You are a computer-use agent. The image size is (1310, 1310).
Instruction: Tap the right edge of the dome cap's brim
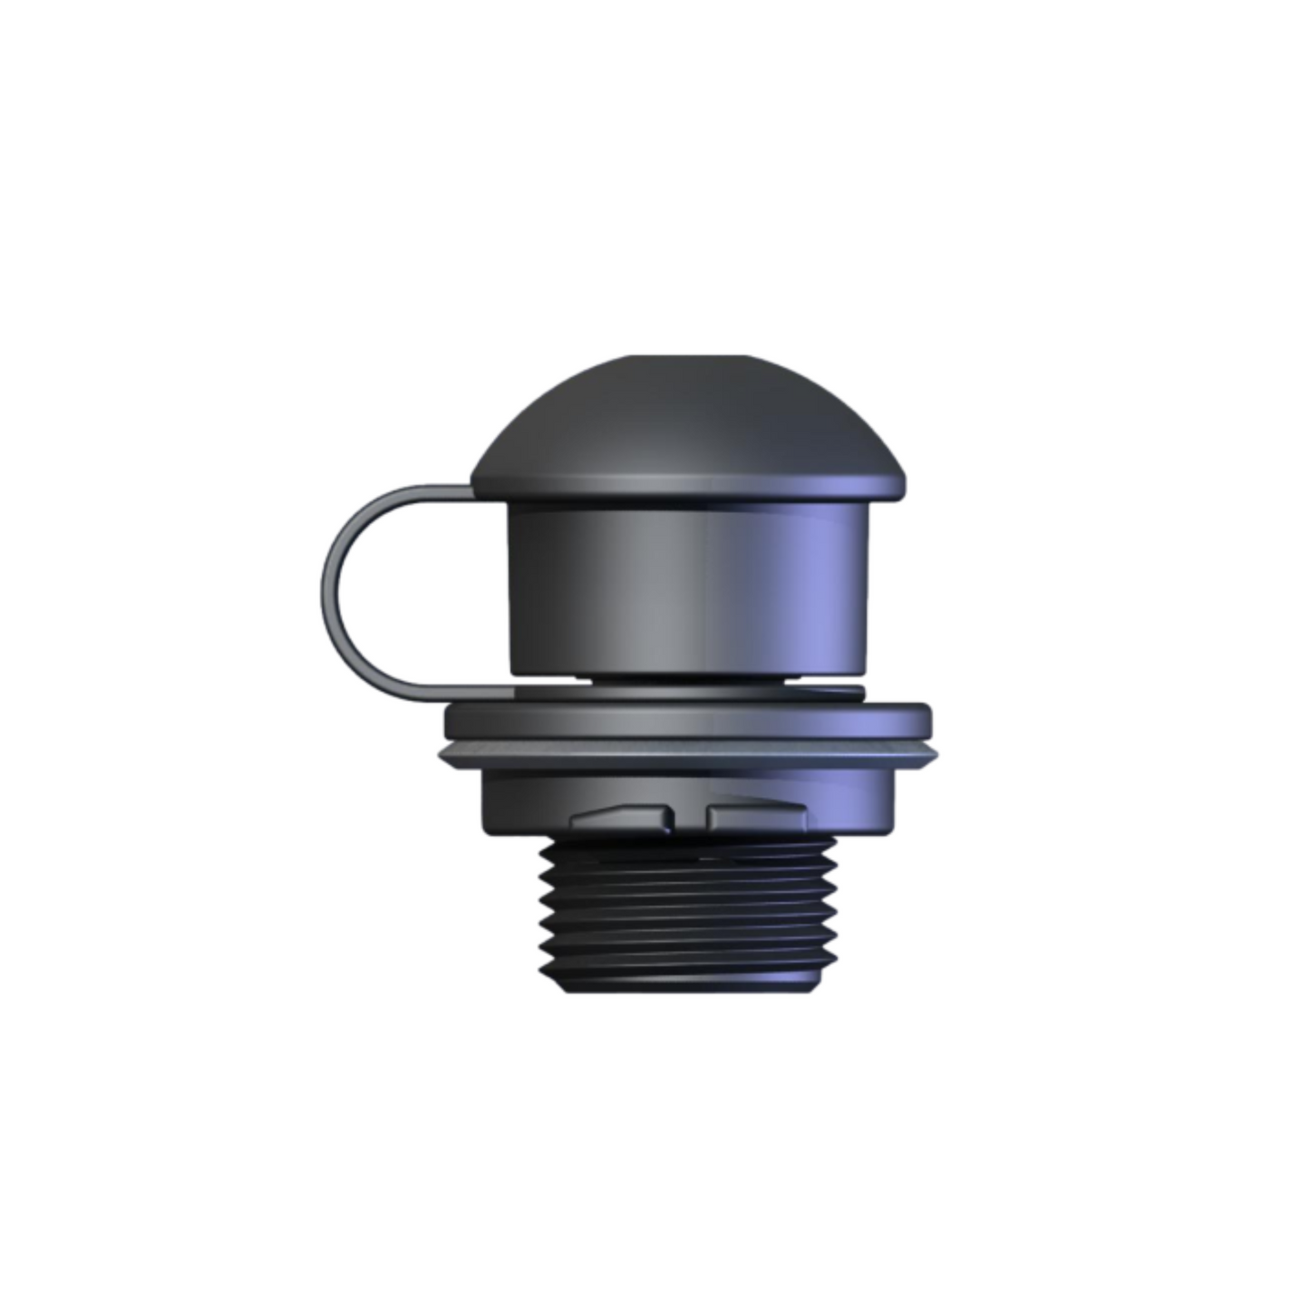pyautogui.click(x=899, y=486)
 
